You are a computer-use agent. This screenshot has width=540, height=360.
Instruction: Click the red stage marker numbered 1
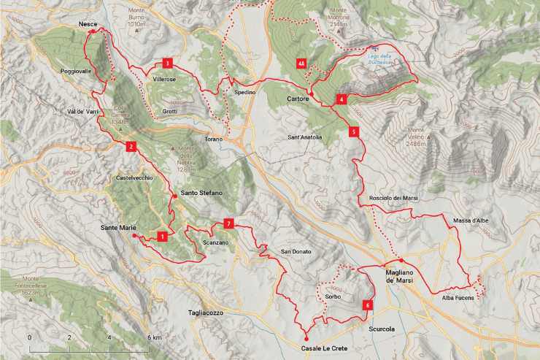point(161,236)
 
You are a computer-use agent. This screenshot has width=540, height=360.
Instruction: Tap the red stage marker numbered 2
point(130,146)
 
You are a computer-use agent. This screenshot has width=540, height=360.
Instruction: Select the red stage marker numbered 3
point(168,63)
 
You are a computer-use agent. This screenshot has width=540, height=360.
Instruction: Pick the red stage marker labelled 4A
point(301,64)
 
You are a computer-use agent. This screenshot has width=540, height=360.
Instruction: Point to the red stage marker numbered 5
point(353,132)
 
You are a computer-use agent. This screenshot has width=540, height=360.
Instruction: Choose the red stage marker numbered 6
point(367,305)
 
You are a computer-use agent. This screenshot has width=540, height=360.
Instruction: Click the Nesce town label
point(88,25)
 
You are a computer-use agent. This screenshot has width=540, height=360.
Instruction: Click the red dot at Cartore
point(310,96)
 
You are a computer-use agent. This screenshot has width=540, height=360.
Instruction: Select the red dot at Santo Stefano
point(175,196)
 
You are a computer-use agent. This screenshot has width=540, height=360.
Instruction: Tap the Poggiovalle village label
point(76,72)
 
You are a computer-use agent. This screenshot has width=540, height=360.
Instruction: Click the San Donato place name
point(296,252)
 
